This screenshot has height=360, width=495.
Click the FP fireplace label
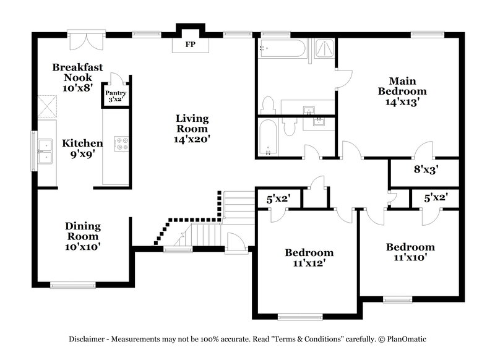point(189,45)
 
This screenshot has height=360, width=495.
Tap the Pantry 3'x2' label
point(116,96)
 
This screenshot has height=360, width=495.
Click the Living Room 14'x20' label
point(192,129)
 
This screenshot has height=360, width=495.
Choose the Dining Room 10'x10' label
point(83,236)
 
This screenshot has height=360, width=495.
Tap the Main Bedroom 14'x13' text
point(402,92)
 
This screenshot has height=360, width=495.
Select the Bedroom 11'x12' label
point(309,257)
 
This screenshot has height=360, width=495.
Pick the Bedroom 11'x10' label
point(410,252)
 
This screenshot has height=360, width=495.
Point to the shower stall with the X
point(324,49)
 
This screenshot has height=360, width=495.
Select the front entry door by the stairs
point(236,244)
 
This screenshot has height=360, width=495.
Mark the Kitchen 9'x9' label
point(82,148)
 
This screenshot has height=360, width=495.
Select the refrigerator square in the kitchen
point(46,106)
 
